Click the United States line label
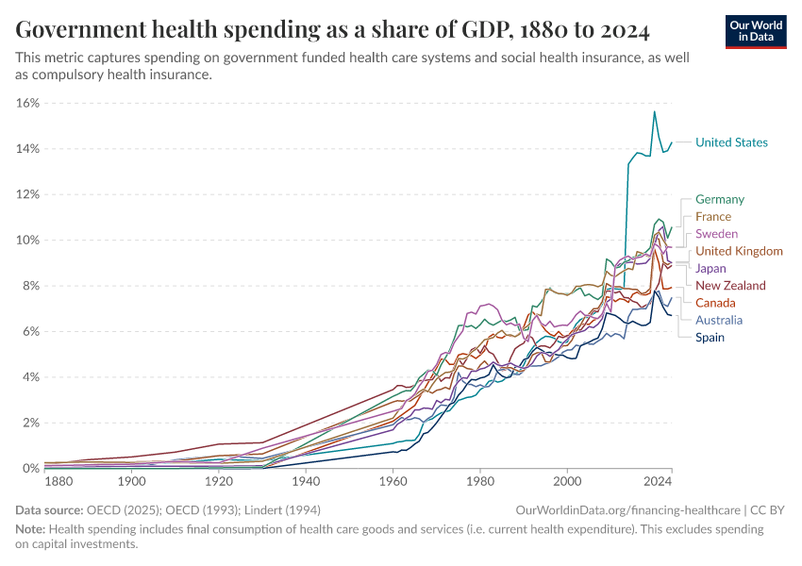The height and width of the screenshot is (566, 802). [731, 142]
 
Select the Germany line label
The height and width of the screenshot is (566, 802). [719, 199]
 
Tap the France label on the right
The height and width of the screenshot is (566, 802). [712, 217]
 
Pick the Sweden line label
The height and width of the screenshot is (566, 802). [716, 234]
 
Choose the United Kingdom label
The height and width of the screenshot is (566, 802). [739, 251]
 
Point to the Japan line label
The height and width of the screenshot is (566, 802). [710, 269]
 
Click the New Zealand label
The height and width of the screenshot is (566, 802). [730, 286]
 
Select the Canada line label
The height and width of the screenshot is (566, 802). [715, 303]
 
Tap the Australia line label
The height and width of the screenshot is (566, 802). [718, 320]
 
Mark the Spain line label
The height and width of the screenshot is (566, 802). [710, 337]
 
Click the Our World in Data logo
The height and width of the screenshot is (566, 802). [756, 31]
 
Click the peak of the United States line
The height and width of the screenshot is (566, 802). [654, 111]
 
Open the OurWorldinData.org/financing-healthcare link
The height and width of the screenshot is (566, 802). [628, 509]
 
